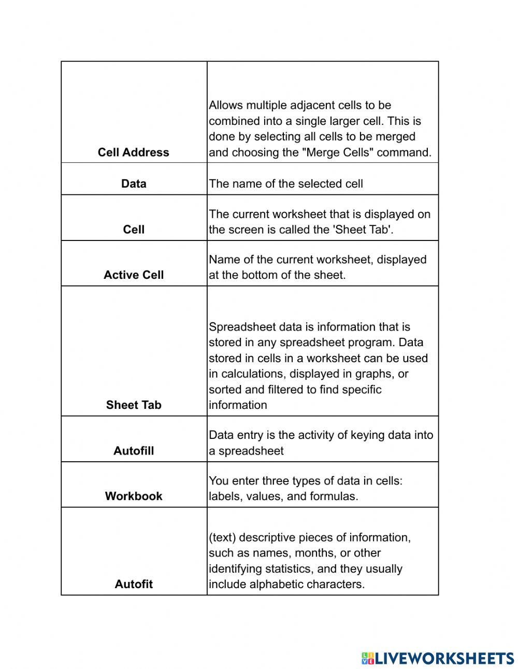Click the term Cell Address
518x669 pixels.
(133, 152)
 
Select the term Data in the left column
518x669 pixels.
(134, 183)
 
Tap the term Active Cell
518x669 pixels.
(134, 275)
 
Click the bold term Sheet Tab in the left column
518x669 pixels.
(134, 405)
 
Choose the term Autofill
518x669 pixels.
(134, 451)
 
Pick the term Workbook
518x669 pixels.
(134, 496)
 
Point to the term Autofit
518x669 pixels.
(134, 585)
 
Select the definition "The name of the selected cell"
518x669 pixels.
(285, 183)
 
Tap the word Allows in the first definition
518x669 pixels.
(226, 105)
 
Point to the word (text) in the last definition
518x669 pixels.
(222, 537)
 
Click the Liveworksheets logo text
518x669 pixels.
(444, 658)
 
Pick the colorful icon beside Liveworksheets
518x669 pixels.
(367, 658)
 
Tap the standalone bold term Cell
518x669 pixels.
(134, 230)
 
